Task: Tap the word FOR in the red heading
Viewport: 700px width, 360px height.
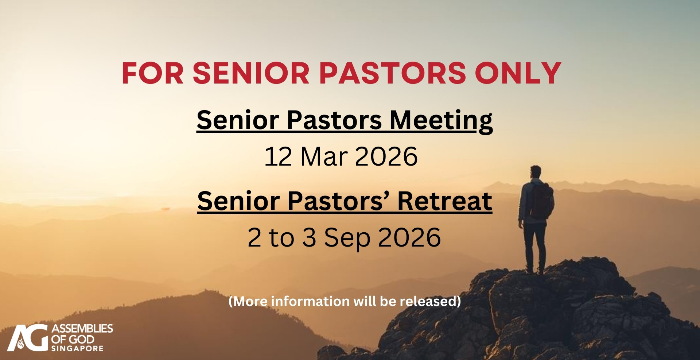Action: tap(153, 73)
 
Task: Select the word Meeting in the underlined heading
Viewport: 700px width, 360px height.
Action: tap(441, 121)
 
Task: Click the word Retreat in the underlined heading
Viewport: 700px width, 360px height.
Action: tap(445, 201)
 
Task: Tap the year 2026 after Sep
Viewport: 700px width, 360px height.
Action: tap(409, 237)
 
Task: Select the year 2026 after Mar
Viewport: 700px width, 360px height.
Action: tap(386, 156)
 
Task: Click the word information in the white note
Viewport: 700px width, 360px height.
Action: tap(310, 301)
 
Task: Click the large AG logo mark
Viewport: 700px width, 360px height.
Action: tap(28, 338)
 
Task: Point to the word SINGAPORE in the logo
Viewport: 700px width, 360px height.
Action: tap(77, 349)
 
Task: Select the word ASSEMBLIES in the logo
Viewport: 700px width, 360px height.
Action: tap(82, 329)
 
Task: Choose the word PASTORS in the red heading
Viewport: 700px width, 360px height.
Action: tap(393, 73)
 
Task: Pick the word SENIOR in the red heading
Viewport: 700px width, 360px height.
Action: tap(251, 73)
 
